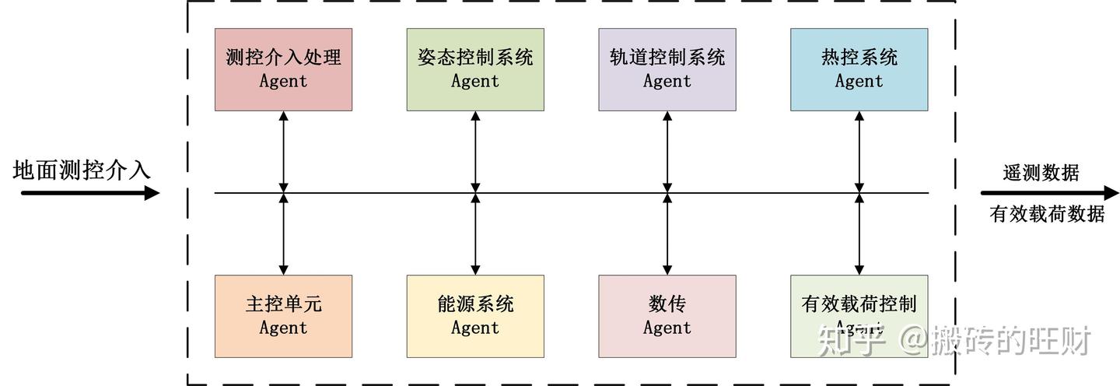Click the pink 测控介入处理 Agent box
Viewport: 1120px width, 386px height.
(x=283, y=69)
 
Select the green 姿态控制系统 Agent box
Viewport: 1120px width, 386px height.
(x=475, y=69)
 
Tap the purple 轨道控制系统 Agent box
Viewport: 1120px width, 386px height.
(x=667, y=69)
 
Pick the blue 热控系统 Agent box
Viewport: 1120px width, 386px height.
(x=859, y=69)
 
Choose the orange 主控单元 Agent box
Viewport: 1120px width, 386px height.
(x=283, y=316)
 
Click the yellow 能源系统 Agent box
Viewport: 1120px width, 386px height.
(x=475, y=316)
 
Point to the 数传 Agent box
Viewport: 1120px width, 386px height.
(x=667, y=316)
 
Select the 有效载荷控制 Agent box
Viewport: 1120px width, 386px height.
(x=859, y=316)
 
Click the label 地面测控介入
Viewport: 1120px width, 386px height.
(x=82, y=170)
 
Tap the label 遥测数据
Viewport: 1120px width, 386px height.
(x=1041, y=173)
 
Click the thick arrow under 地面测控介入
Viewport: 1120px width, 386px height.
(x=89, y=192)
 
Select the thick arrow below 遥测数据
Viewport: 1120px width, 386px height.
(x=1050, y=193)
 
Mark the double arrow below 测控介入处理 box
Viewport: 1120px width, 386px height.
(x=283, y=151)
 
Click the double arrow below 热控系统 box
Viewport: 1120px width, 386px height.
(x=859, y=151)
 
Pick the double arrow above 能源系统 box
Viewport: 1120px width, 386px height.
(x=475, y=233)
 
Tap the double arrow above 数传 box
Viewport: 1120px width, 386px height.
(x=667, y=233)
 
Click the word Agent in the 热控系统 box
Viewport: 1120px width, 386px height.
(x=859, y=82)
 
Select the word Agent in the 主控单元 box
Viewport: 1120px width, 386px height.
(x=283, y=328)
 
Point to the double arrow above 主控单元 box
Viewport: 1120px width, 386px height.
(x=283, y=233)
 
